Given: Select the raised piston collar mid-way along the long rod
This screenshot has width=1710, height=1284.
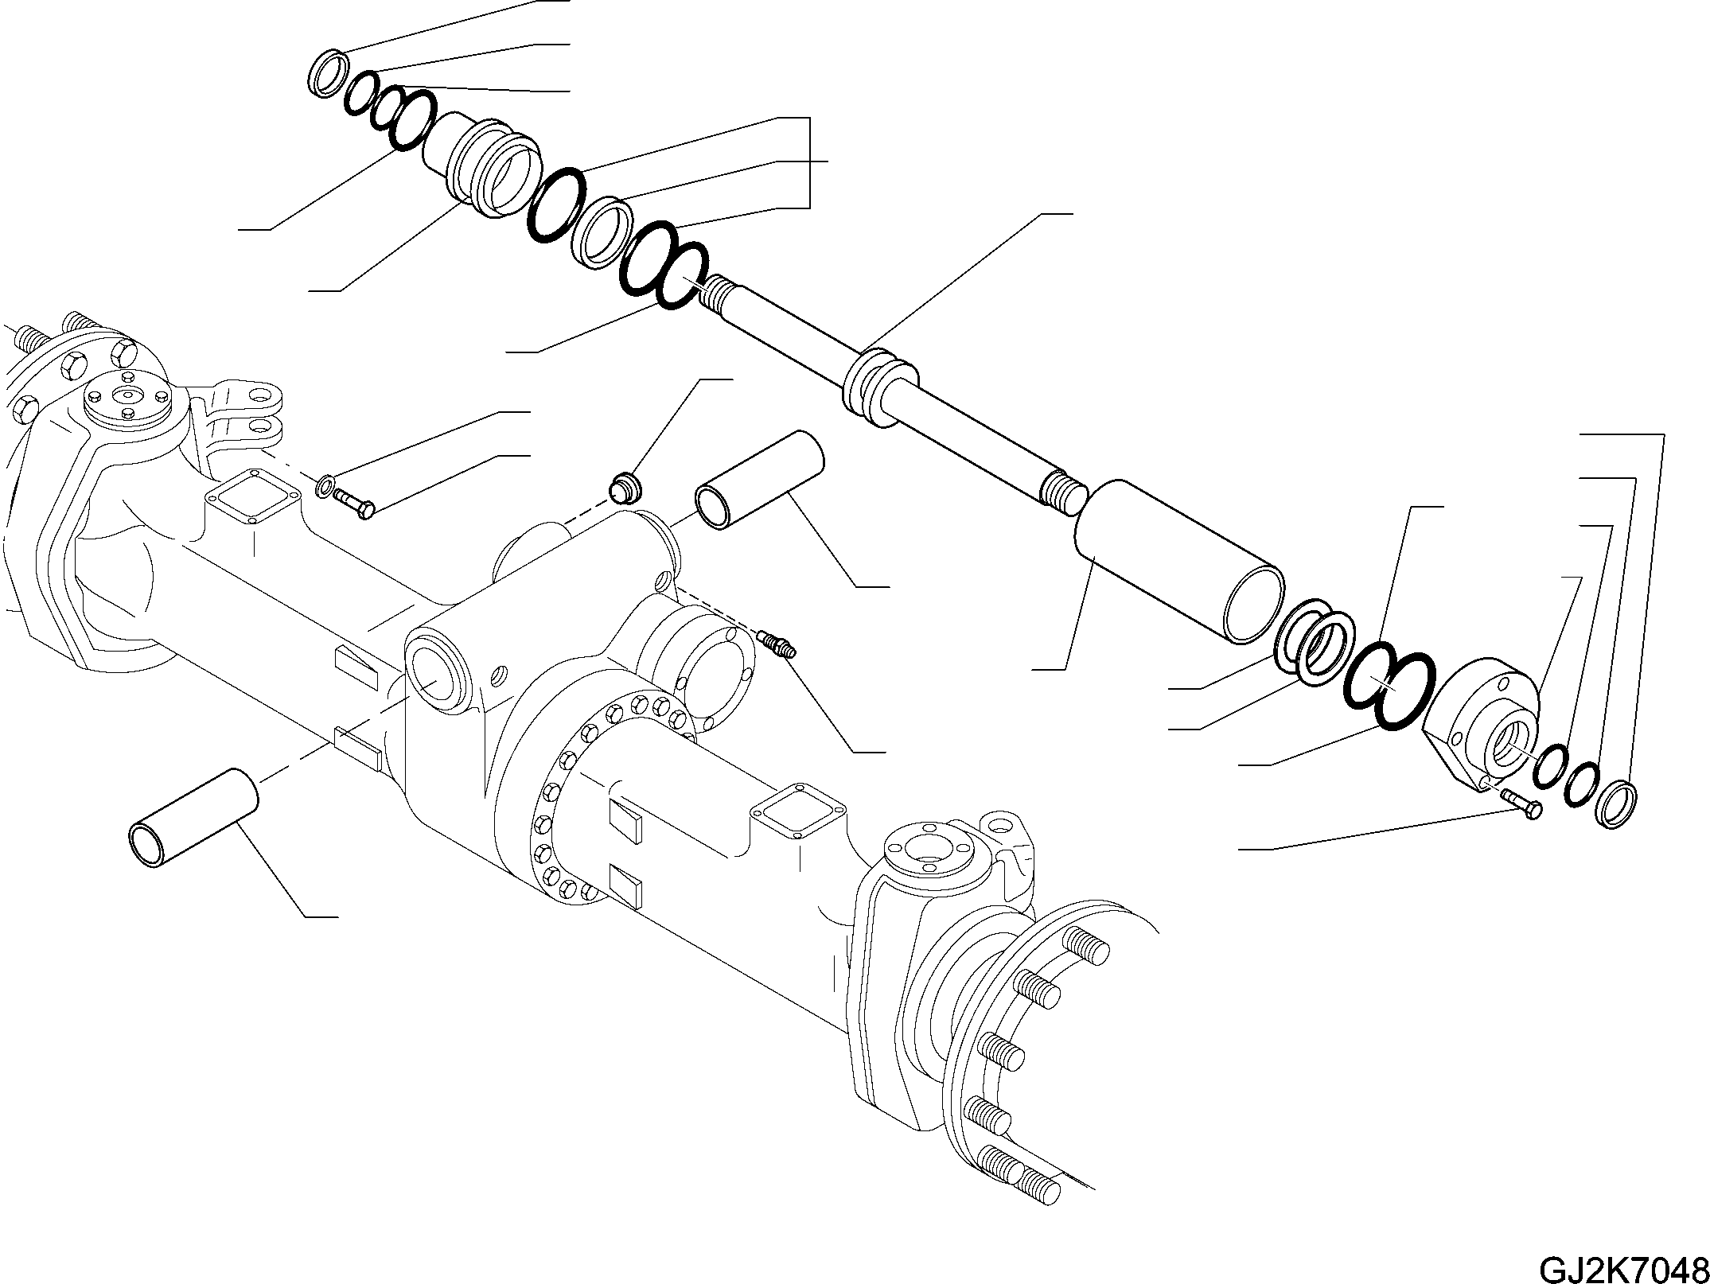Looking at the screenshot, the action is (876, 388).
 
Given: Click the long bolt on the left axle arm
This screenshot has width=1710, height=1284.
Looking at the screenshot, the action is (354, 504).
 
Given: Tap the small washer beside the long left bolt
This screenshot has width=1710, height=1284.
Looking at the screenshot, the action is (325, 484).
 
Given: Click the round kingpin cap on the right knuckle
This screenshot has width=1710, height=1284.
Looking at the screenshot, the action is (927, 851).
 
